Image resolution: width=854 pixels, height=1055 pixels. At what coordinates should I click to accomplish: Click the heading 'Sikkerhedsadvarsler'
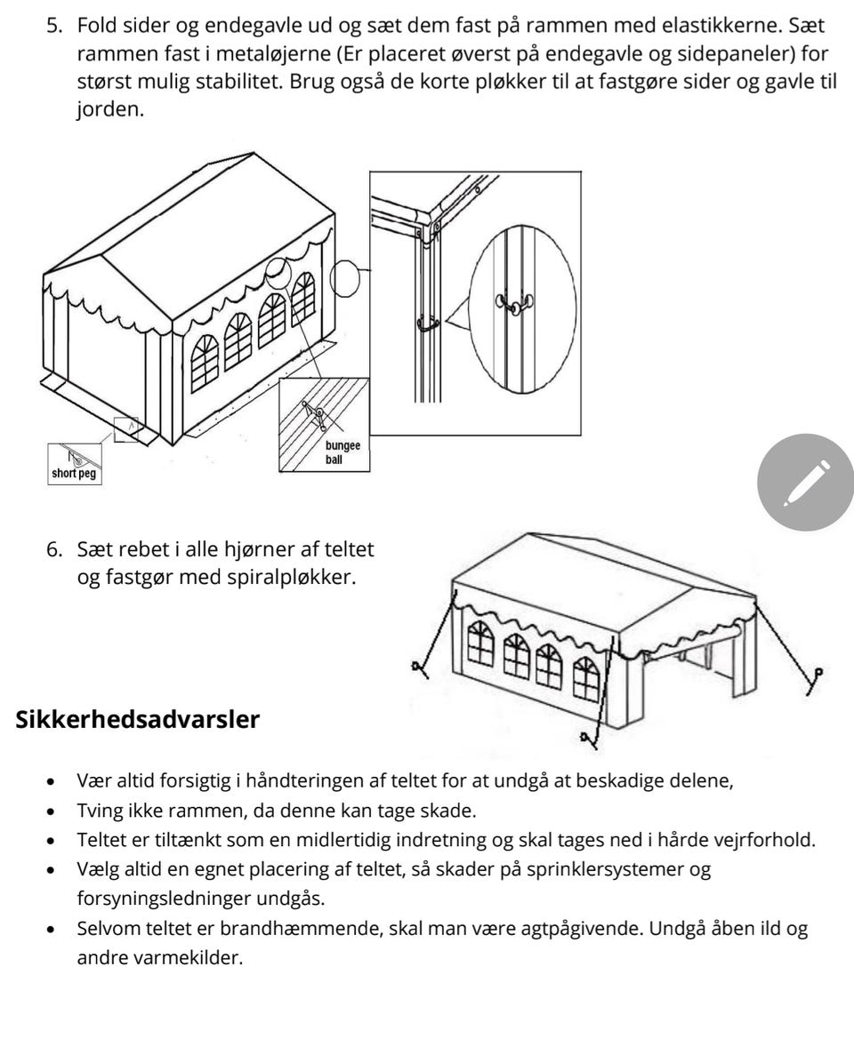[x=138, y=720]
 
